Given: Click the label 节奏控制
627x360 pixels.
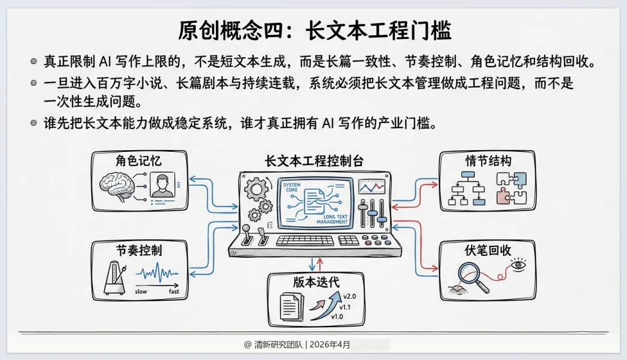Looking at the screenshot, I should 139,249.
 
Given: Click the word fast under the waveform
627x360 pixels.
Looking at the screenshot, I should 174,291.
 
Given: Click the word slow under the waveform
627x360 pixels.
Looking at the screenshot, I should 141,291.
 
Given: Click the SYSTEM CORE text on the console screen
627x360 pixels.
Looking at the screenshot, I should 293,189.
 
